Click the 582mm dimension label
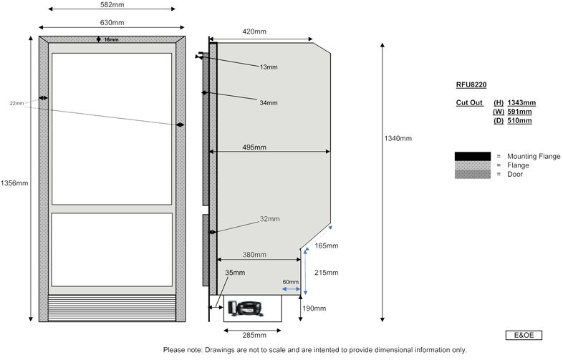pos(110,4)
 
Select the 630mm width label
pos(110,23)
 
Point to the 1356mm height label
pos(14,183)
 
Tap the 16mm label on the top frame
pos(112,40)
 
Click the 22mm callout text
pos(17,104)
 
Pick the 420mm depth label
pos(254,31)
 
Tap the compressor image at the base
pos(244,308)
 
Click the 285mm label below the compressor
pos(255,334)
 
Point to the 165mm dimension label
pos(325,246)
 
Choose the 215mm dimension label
pos(326,272)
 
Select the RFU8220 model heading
pos(471,84)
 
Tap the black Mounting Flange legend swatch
pos(472,156)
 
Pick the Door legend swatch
pos(472,175)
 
